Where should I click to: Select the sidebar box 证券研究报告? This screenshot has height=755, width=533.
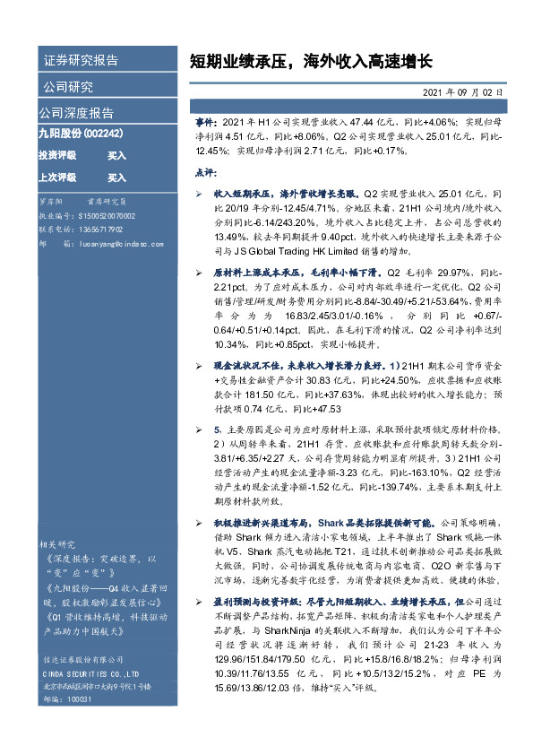click(81, 61)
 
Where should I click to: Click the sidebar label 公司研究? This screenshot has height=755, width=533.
click(68, 87)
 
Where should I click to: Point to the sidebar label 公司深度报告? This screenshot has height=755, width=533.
click(77, 113)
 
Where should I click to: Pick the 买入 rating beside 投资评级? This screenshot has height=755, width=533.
click(117, 155)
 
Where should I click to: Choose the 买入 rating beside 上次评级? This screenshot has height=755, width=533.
click(117, 178)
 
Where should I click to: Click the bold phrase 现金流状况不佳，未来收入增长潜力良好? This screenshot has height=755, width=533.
click(300, 366)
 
